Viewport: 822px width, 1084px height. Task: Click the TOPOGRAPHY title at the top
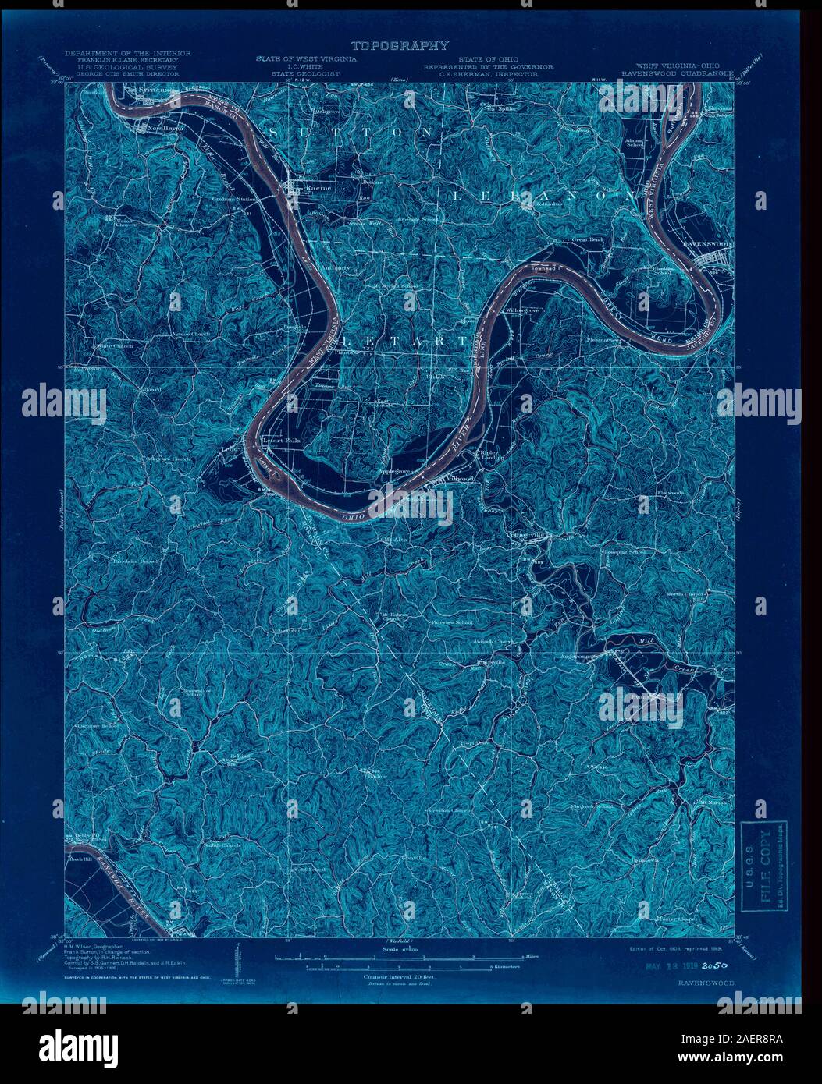click(400, 46)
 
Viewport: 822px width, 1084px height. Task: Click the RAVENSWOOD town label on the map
click(706, 244)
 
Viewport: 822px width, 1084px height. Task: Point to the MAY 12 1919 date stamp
click(667, 965)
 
